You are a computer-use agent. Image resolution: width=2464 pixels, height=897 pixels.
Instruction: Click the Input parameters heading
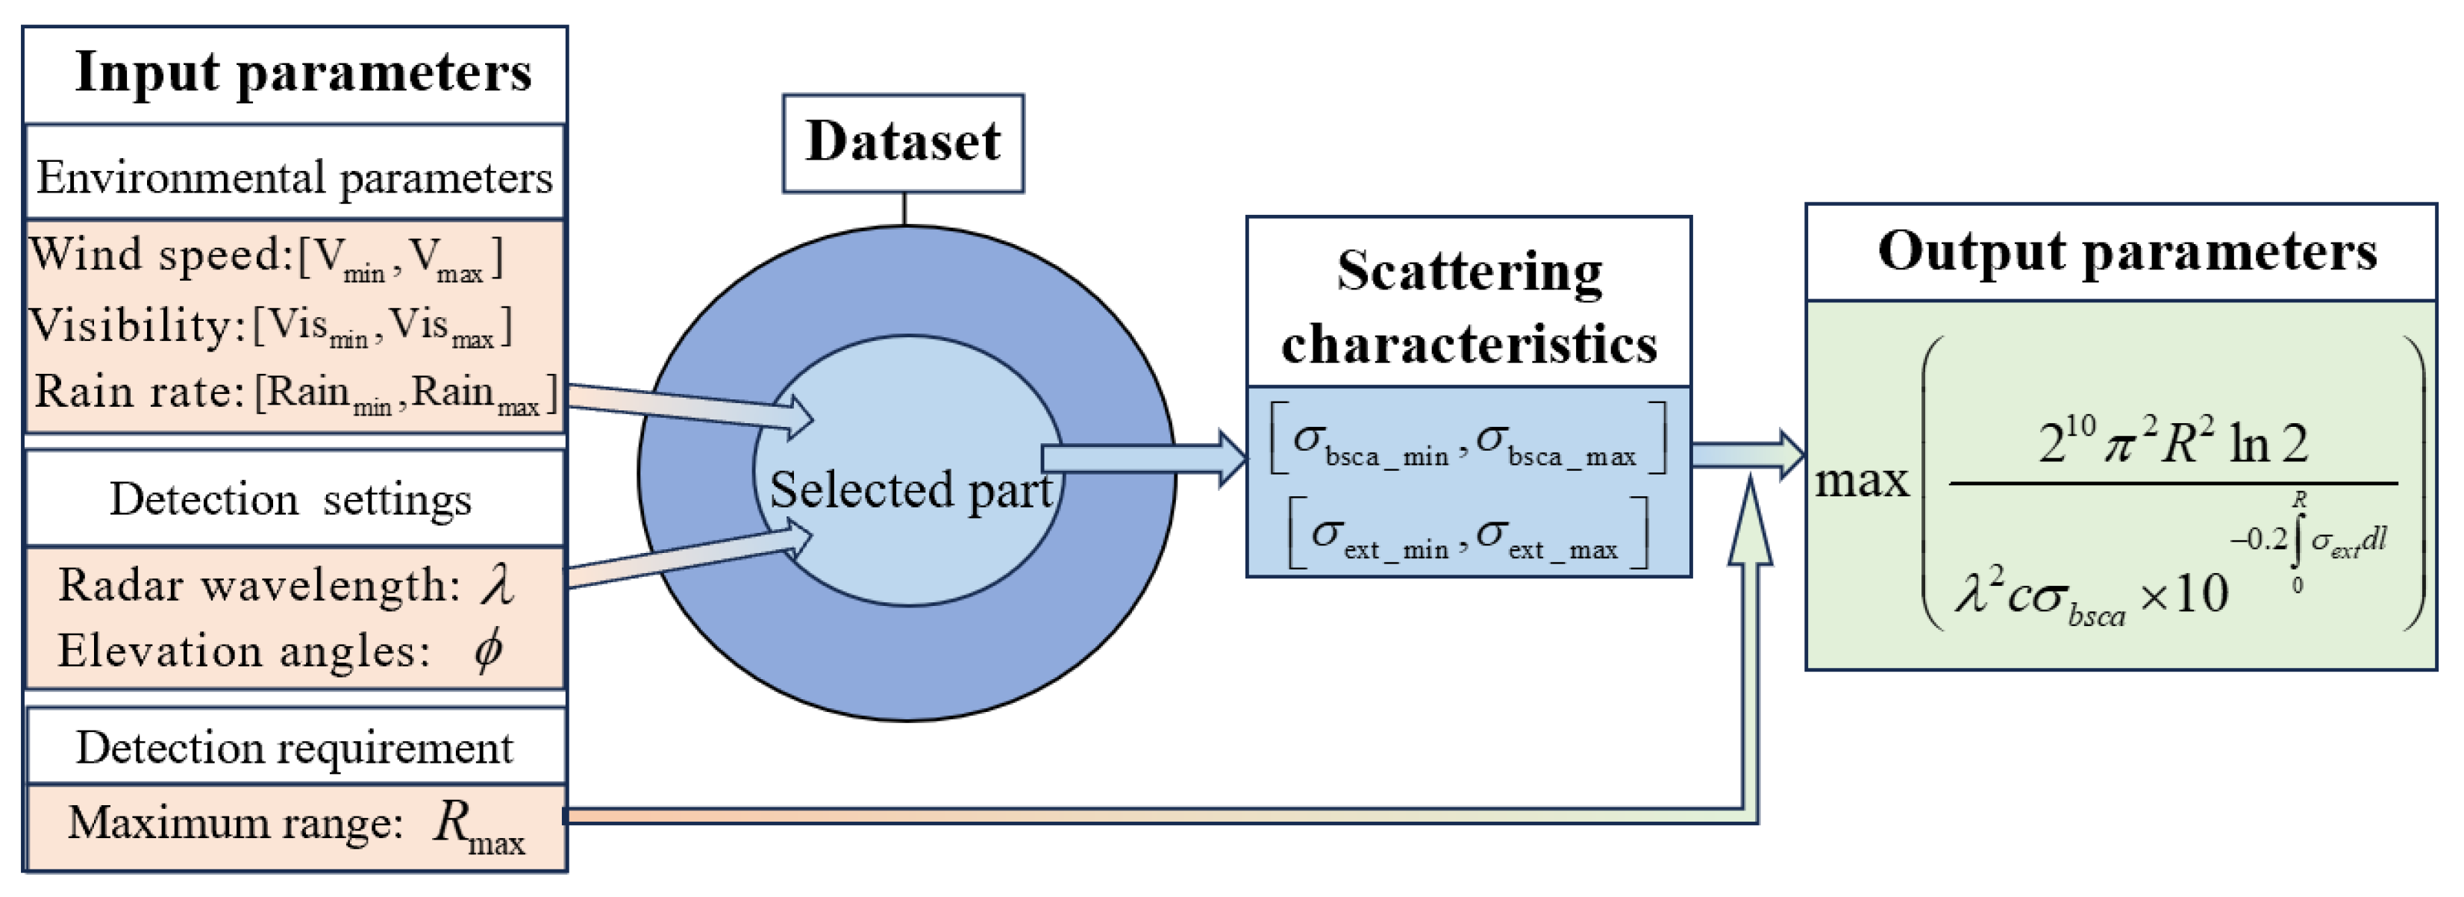302,72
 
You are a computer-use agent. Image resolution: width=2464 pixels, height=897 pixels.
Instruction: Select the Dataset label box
902,143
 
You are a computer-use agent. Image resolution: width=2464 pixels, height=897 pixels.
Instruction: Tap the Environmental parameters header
295,177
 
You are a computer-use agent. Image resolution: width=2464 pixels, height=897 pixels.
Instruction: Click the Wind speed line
266,256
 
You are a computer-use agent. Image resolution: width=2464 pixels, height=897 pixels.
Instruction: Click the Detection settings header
290,499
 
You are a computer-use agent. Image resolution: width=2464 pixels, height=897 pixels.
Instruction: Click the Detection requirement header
295,748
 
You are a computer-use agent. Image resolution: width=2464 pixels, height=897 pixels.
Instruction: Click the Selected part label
910,490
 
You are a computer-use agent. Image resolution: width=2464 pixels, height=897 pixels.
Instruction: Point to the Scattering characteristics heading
1469,306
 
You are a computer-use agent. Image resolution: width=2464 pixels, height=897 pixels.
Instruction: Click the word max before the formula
1860,480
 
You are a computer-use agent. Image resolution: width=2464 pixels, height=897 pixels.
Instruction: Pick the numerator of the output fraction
2172,442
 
